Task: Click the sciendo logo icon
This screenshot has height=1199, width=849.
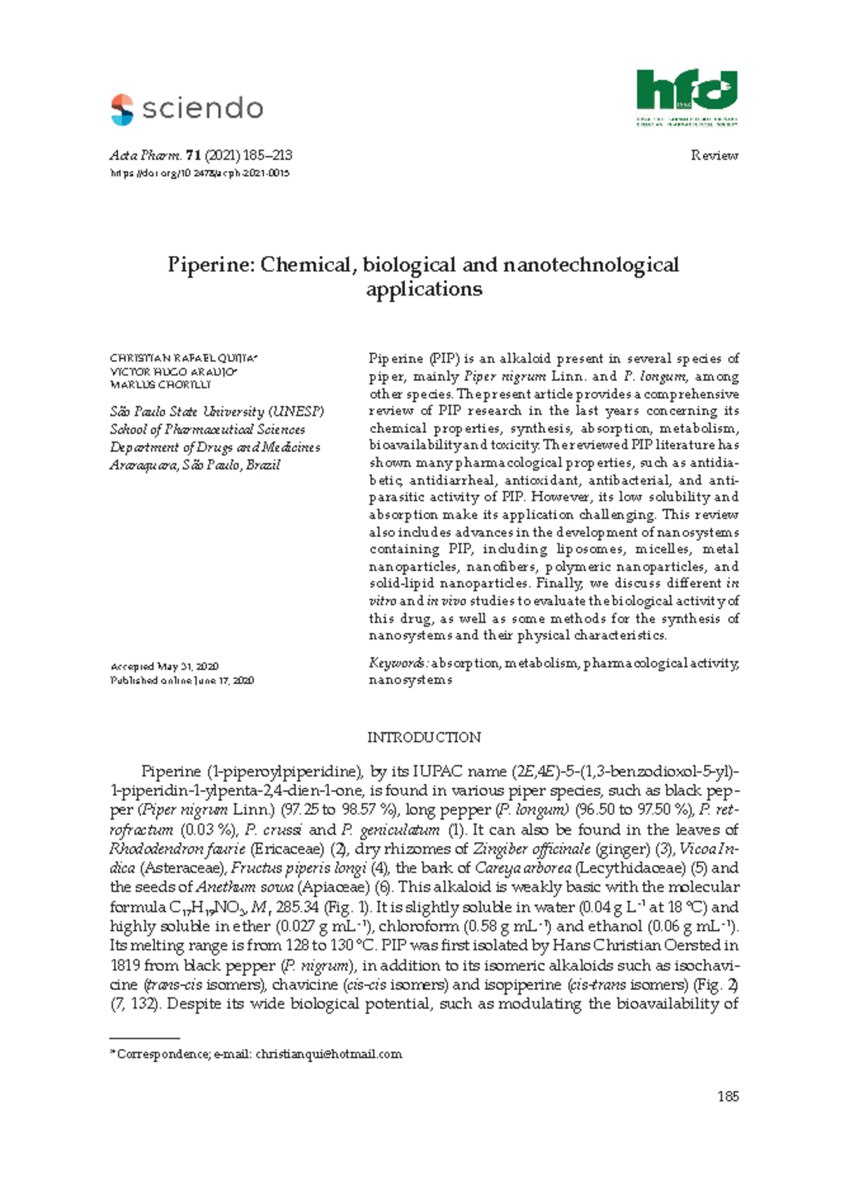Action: (122, 110)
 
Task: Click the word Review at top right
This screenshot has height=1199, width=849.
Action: (714, 156)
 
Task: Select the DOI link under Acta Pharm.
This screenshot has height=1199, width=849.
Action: (200, 173)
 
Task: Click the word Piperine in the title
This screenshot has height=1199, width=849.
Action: (211, 265)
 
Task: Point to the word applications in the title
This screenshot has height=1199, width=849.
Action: (424, 289)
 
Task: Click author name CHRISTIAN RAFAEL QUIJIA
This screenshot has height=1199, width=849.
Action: (183, 359)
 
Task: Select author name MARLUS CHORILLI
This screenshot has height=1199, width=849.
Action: (161, 385)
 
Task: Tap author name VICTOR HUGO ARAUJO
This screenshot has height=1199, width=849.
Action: (173, 372)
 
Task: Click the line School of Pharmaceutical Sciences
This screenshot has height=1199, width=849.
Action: (207, 429)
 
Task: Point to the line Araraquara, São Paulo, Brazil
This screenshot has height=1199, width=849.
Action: (195, 465)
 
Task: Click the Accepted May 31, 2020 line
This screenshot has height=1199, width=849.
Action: (164, 666)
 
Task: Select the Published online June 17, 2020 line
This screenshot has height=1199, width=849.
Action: (182, 680)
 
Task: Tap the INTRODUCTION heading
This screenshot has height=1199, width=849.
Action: (424, 737)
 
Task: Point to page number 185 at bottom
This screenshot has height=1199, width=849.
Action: (727, 1096)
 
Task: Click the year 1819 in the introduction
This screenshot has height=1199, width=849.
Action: (125, 965)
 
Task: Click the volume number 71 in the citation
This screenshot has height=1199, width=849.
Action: (190, 156)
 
